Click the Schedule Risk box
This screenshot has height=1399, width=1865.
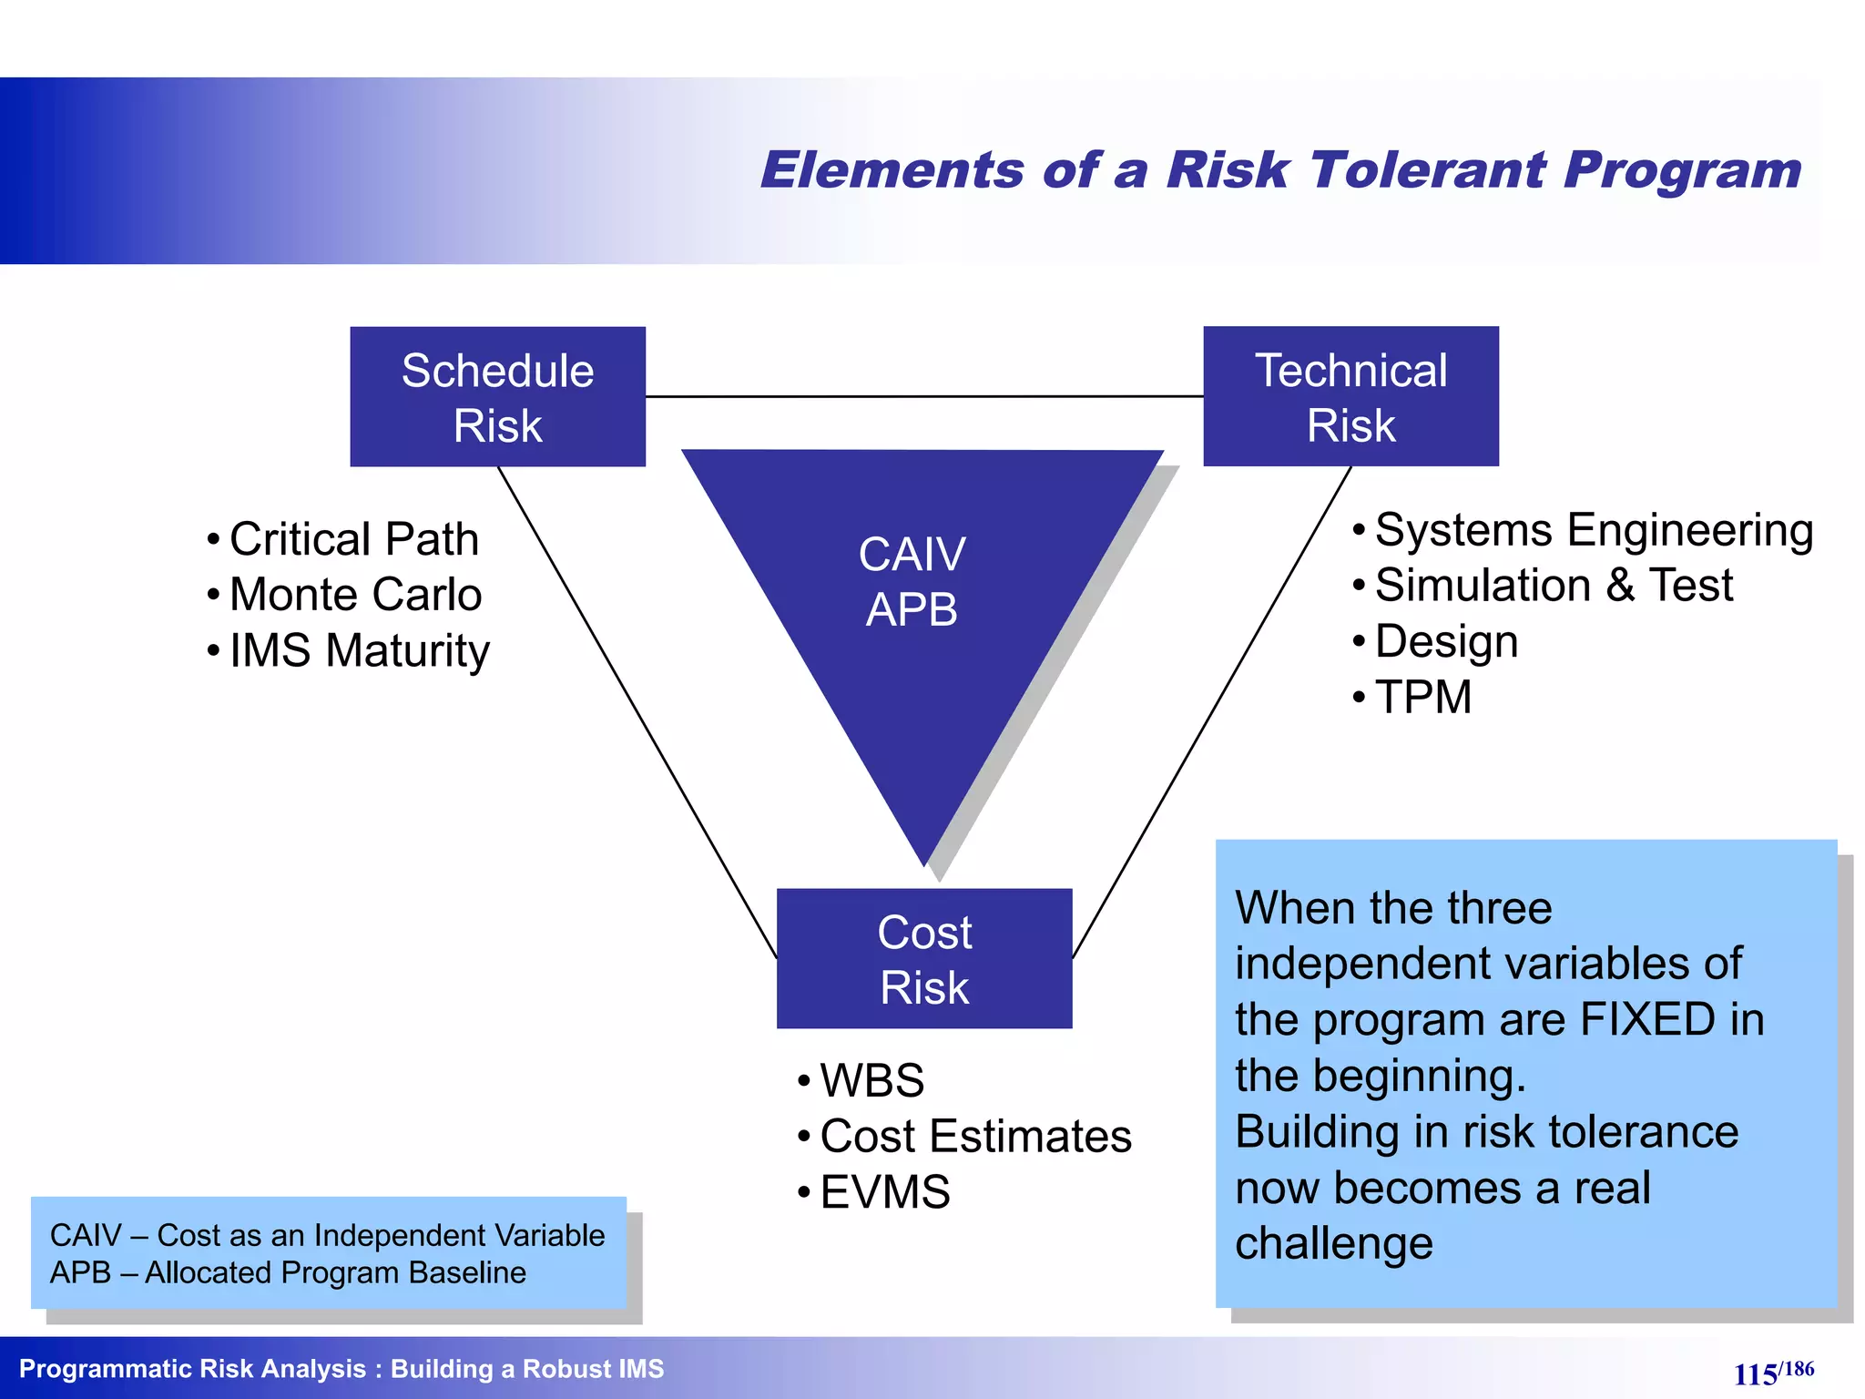click(497, 397)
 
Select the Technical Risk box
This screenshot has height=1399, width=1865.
click(1350, 397)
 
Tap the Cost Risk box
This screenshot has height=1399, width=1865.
click(924, 959)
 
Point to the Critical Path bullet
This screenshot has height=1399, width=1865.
click(353, 538)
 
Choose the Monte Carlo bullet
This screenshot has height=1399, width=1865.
click(355, 595)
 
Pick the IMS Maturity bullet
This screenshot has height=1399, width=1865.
click(359, 650)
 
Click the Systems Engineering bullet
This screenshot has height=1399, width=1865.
click(1594, 529)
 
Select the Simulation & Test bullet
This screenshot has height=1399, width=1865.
click(1554, 585)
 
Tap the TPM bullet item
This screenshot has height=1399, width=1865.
click(1422, 698)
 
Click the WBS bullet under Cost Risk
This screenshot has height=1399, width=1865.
click(871, 1080)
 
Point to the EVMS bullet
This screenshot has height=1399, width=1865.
click(884, 1192)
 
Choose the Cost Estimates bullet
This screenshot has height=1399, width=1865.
click(975, 1136)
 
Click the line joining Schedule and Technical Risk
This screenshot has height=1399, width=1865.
click(924, 396)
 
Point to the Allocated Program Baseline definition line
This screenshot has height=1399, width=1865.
click(288, 1272)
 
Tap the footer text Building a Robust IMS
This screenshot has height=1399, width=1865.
click(527, 1369)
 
